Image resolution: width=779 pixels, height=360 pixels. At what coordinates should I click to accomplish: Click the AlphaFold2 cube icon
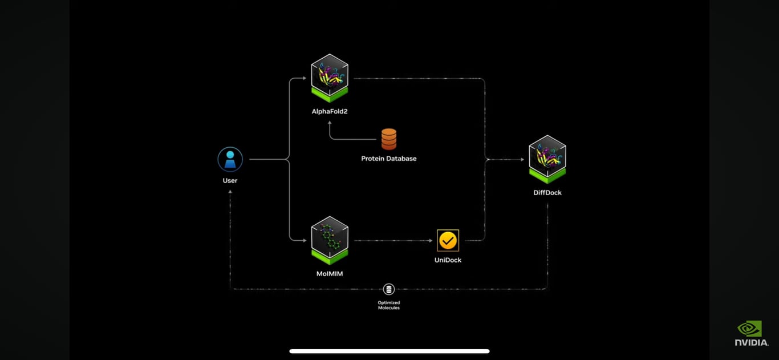click(x=330, y=78)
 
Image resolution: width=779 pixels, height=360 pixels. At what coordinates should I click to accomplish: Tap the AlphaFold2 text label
click(x=330, y=111)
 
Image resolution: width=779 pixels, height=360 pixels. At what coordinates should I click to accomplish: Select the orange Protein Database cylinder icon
click(x=389, y=139)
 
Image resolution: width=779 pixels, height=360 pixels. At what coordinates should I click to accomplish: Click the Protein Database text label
click(x=389, y=159)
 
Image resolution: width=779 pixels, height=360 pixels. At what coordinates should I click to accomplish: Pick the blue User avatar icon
click(x=230, y=160)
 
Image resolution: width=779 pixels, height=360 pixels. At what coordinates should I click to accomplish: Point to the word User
click(x=230, y=180)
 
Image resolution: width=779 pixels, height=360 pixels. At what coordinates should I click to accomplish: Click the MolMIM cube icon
click(x=330, y=240)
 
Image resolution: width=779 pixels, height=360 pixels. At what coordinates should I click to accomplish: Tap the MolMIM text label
click(x=330, y=274)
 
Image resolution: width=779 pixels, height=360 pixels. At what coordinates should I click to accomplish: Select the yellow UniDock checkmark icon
click(x=448, y=240)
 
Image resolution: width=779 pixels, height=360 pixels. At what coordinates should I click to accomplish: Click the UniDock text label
click(x=448, y=260)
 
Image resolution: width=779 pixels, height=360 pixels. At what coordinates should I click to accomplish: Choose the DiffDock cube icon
click(x=547, y=159)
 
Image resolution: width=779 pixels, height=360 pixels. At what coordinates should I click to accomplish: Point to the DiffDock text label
click(x=547, y=193)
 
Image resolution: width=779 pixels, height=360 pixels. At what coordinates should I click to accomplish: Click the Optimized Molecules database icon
click(x=389, y=289)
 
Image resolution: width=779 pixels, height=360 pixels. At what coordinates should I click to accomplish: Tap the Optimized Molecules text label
click(x=389, y=305)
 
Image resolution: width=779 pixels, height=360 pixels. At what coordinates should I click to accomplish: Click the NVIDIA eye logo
click(x=750, y=329)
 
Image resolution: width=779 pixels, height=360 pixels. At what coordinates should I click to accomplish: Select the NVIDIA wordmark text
click(x=752, y=342)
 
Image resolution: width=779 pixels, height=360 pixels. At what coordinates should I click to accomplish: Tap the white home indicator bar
click(x=389, y=351)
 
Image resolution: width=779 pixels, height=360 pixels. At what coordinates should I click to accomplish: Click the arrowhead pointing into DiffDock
click(x=521, y=160)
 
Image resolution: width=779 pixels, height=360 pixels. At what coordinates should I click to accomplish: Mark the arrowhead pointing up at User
click(x=230, y=192)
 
